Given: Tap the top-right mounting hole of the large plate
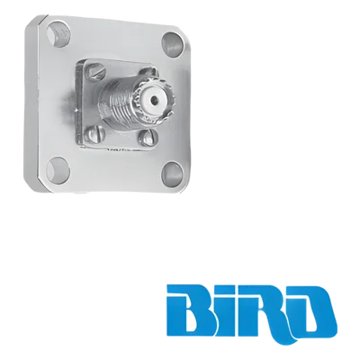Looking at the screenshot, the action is click(173, 42).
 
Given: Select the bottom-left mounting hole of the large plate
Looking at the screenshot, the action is click(58, 170).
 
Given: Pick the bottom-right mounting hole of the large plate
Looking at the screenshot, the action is click(173, 174).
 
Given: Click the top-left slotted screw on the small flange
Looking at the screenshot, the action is click(97, 73).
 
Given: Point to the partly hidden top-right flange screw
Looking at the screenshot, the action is click(147, 73).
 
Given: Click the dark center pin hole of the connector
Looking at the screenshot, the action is click(153, 99).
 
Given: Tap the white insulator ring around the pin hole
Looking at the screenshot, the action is click(153, 99).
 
